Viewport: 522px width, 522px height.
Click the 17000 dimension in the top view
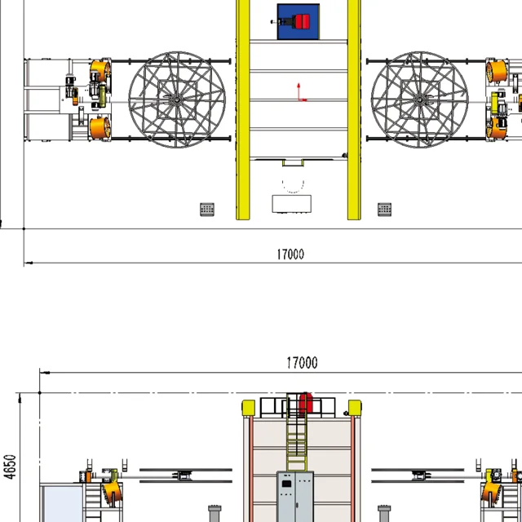(x=290, y=254)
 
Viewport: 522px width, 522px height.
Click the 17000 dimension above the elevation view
(x=302, y=362)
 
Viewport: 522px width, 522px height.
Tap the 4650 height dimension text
(x=11, y=467)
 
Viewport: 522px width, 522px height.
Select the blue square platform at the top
(x=299, y=22)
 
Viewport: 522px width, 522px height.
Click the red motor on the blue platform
(x=303, y=21)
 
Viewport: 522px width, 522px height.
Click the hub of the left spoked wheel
(x=177, y=100)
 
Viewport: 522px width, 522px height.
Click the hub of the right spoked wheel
(x=420, y=100)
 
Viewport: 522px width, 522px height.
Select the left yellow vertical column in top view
(x=243, y=110)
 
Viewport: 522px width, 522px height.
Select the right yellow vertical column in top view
(x=354, y=110)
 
